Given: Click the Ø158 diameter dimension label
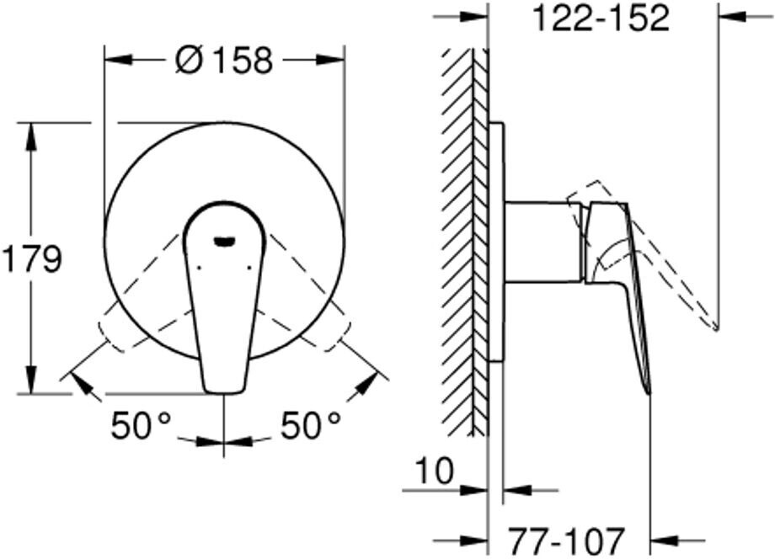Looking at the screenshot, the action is [224, 61].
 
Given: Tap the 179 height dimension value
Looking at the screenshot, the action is [32, 258].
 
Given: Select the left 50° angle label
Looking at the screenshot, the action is [141, 425].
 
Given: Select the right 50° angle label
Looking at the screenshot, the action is [311, 425].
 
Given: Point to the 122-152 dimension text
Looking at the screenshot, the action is [601, 19].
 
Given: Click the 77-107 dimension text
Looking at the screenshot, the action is [567, 541].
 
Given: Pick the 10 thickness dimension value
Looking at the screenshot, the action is [434, 471].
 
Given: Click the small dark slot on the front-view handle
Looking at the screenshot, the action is [224, 241].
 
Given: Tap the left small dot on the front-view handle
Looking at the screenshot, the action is [200, 269].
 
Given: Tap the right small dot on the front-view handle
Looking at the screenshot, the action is [249, 269].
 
